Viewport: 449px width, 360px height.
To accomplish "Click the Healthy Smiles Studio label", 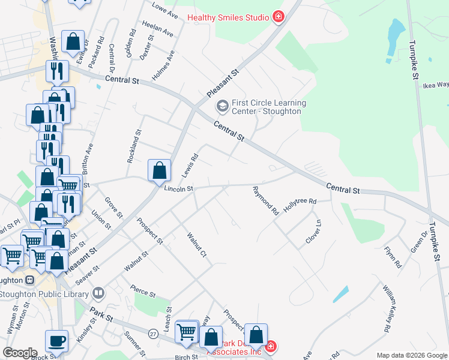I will (228, 17).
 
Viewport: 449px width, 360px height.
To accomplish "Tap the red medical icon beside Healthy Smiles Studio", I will (278, 17).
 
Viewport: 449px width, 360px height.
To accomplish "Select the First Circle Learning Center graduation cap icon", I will (222, 107).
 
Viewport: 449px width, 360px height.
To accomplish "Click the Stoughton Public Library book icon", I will (98, 294).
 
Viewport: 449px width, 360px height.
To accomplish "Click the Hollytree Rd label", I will (300, 204).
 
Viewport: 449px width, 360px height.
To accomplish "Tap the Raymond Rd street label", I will (266, 201).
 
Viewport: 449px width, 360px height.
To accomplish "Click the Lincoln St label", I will (178, 188).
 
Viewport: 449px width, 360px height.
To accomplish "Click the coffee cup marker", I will (57, 341).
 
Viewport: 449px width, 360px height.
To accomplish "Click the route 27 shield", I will (154, 333).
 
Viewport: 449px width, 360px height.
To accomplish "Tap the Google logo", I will (19, 353).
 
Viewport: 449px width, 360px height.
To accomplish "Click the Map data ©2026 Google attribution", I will (412, 355).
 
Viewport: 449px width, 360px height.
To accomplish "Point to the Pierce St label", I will (143, 295).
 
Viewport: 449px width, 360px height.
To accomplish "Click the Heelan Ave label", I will (158, 29).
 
